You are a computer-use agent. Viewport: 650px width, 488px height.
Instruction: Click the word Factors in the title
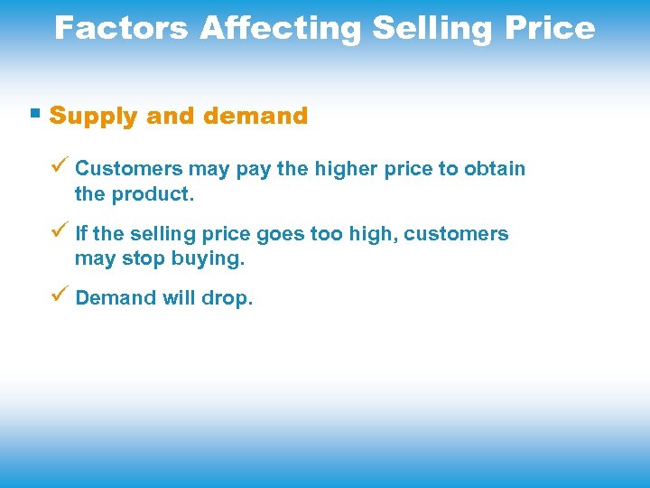tap(122, 28)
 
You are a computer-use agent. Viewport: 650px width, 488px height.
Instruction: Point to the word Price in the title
tap(552, 28)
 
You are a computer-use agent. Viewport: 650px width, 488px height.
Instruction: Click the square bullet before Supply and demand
tap(34, 115)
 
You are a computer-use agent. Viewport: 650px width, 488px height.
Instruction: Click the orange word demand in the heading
tap(255, 116)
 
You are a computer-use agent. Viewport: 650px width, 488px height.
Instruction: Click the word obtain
tap(495, 169)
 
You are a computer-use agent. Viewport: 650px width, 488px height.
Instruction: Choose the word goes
tap(281, 234)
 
